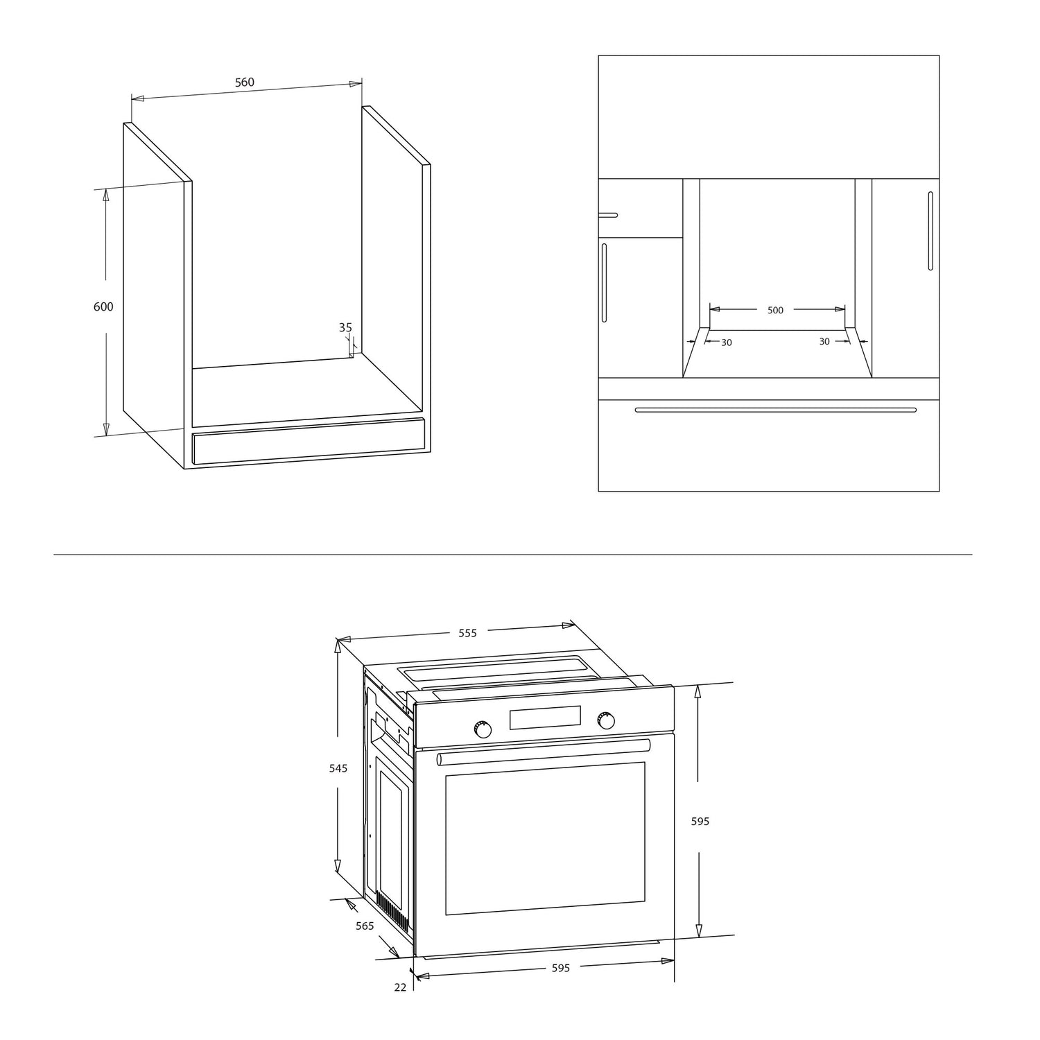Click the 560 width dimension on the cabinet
tap(245, 83)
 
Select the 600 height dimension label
tap(103, 306)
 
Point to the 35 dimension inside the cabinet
tap(345, 327)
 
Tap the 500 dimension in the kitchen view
tap(776, 311)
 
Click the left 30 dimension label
tap(727, 343)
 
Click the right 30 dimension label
tap(824, 341)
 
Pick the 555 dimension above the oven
tap(468, 633)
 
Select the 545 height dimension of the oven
tap(338, 768)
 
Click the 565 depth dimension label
tap(365, 926)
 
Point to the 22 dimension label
tap(400, 987)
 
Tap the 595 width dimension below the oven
tap(561, 968)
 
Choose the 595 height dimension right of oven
tap(700, 822)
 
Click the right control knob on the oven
tap(607, 721)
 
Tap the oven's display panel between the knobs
tap(545, 718)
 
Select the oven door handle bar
tap(544, 752)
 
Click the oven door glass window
tap(545, 838)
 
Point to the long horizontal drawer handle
tap(776, 410)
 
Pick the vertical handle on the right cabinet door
tap(930, 231)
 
